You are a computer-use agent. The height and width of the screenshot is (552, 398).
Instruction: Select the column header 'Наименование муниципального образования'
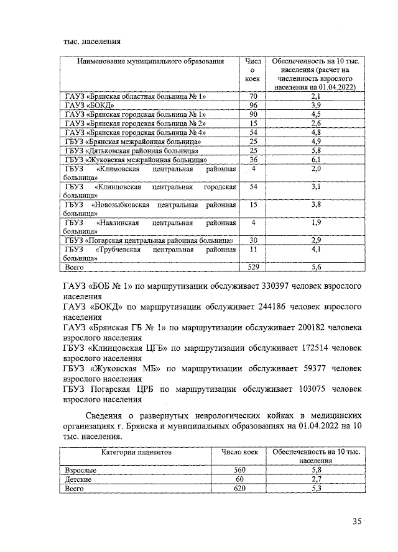(x=150, y=62)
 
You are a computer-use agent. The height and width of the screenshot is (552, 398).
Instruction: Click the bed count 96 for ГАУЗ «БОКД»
(x=252, y=106)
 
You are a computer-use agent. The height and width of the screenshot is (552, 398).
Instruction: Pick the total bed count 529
(x=252, y=267)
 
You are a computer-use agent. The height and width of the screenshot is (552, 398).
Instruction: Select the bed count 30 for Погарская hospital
(x=252, y=240)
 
